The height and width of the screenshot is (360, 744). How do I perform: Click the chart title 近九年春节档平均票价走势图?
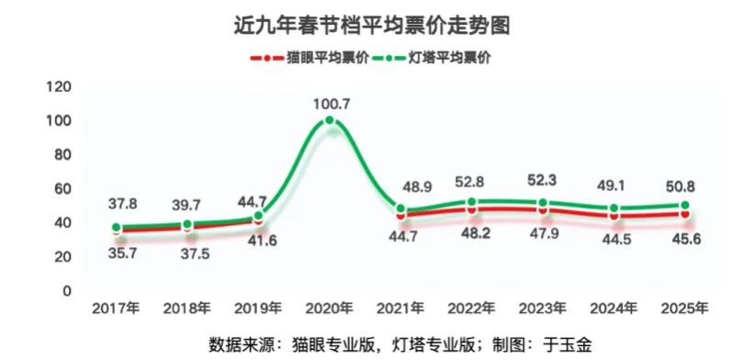click(x=372, y=26)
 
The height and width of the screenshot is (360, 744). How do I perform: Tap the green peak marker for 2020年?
click(x=330, y=121)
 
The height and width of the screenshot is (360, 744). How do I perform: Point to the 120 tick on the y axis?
click(x=59, y=87)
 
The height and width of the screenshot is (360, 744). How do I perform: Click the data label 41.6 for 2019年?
click(x=258, y=240)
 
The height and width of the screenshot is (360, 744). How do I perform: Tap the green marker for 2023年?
click(x=543, y=203)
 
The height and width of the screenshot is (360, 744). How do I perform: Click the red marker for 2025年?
click(x=685, y=214)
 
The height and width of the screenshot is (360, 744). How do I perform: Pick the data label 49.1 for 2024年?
click(x=614, y=186)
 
